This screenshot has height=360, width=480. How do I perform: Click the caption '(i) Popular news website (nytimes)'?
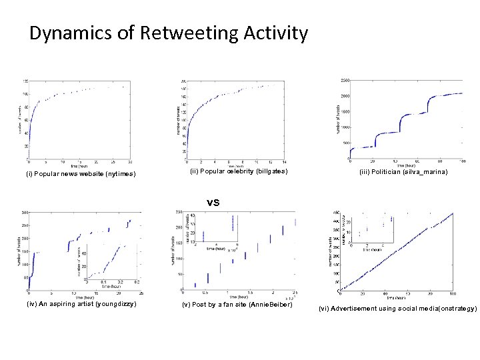pos(81,175)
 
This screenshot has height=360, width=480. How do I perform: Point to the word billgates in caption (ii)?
pos(268,171)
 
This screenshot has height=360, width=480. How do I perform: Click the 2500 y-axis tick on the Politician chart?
pos(343,80)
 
